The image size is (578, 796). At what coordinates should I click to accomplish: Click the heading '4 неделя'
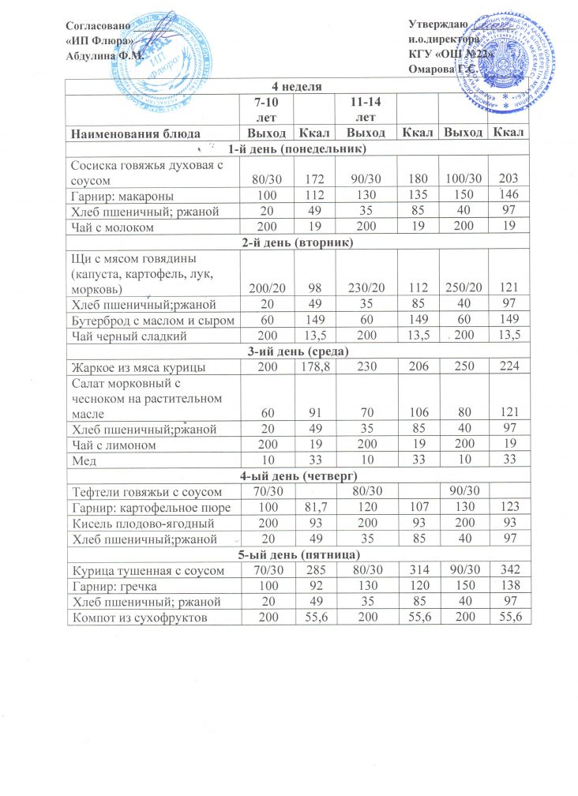pyautogui.click(x=298, y=85)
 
